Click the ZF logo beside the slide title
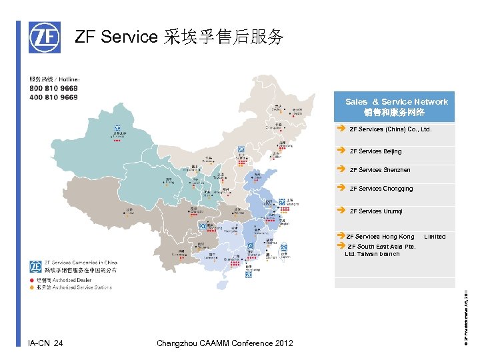tap(44, 37)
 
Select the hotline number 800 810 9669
tap(53, 89)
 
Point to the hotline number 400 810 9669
tap(53, 97)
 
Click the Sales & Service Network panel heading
tap(396, 106)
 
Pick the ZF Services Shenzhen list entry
tap(380, 170)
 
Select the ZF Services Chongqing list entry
tap(381, 189)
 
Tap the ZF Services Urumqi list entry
tap(376, 211)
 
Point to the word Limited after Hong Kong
tap(435, 237)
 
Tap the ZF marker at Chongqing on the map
tap(202, 227)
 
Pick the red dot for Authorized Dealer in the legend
tap(30, 281)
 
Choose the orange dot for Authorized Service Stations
tap(30, 288)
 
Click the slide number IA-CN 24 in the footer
tap(46, 343)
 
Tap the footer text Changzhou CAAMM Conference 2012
tap(224, 343)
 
